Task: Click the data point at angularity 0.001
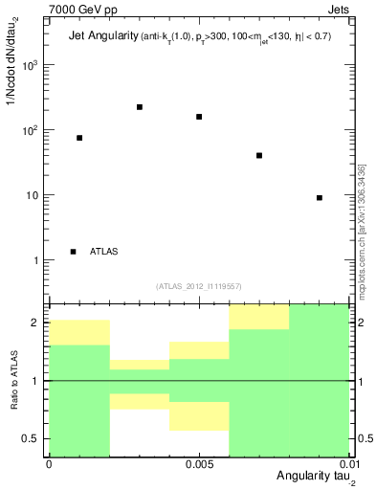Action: [79, 138]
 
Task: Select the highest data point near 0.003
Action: [140, 107]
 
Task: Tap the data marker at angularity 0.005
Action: [199, 117]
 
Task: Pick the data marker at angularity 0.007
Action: [259, 155]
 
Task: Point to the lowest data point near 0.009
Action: [320, 197]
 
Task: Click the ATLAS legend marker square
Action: [74, 252]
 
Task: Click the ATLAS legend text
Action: [103, 252]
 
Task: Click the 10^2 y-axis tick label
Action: [31, 130]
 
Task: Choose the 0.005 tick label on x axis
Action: [199, 462]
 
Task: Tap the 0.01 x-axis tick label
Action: [346, 462]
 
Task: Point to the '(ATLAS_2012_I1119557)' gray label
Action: [199, 286]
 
